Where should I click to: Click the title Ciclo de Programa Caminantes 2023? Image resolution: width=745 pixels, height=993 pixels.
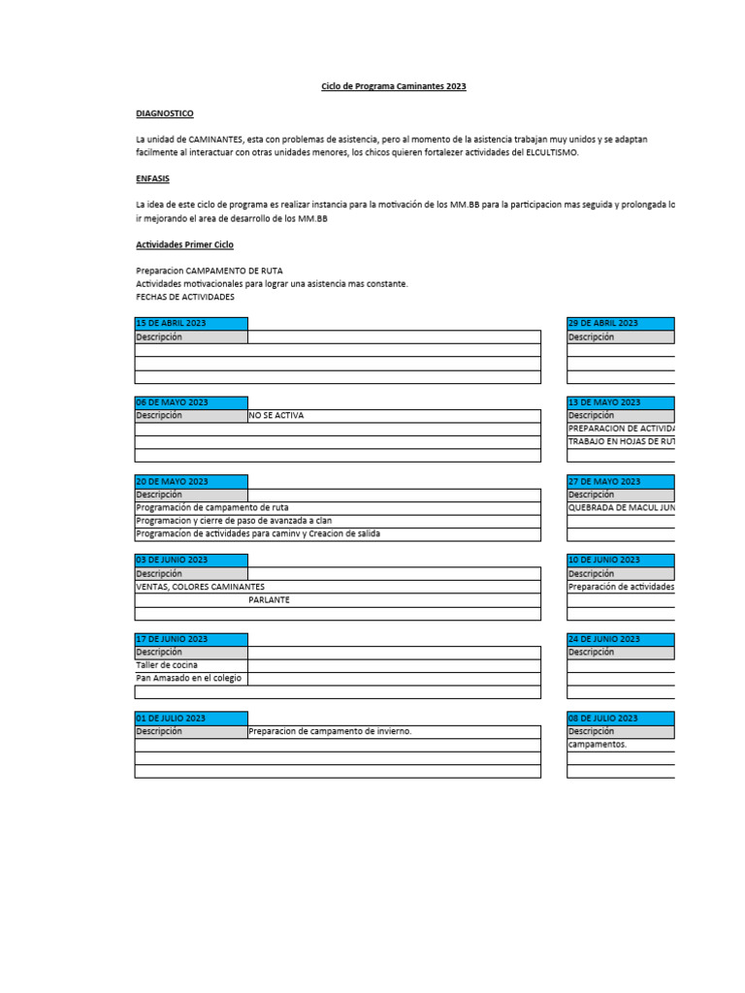(394, 86)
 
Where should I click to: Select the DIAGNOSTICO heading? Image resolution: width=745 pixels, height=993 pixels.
(165, 113)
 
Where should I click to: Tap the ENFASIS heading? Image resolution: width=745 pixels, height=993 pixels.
(152, 178)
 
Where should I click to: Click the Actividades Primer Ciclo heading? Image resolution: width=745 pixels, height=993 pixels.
(184, 244)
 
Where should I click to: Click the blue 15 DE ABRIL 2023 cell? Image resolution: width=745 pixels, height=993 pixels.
(191, 323)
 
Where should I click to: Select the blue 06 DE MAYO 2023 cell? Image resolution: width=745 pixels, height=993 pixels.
(191, 402)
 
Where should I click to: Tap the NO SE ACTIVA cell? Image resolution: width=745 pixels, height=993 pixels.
(276, 415)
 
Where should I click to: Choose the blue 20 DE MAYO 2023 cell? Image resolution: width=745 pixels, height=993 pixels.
(191, 482)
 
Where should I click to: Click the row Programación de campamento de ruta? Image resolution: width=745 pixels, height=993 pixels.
(212, 507)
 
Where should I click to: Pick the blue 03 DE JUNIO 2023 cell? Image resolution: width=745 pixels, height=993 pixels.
(191, 561)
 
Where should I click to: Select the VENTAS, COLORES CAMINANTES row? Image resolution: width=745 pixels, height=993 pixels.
(201, 587)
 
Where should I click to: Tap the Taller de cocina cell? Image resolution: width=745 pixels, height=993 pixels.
(167, 665)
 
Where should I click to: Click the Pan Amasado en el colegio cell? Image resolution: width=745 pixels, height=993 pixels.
(189, 678)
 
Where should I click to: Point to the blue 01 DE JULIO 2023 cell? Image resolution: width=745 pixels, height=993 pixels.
(191, 719)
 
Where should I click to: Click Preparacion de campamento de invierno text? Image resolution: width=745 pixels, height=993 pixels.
(330, 731)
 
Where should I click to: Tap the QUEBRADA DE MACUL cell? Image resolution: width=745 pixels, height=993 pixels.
(621, 507)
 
